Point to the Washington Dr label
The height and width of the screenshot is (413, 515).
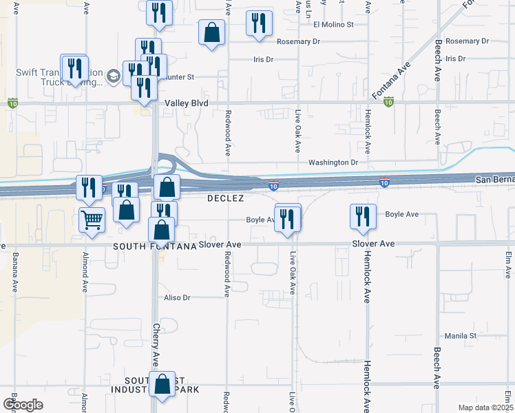(333, 163)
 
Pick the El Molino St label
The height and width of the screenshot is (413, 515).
(333, 24)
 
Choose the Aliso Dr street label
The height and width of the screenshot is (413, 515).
(176, 297)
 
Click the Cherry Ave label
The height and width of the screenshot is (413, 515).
(156, 336)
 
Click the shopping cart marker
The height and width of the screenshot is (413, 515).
(92, 220)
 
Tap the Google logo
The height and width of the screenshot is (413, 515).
(23, 405)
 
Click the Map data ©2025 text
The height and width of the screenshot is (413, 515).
(485, 407)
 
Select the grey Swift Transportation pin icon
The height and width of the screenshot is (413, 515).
(112, 75)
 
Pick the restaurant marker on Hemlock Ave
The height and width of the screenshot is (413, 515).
(363, 216)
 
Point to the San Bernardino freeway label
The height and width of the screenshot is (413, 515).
(494, 180)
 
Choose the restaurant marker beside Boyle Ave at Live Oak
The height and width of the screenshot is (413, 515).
(288, 218)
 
